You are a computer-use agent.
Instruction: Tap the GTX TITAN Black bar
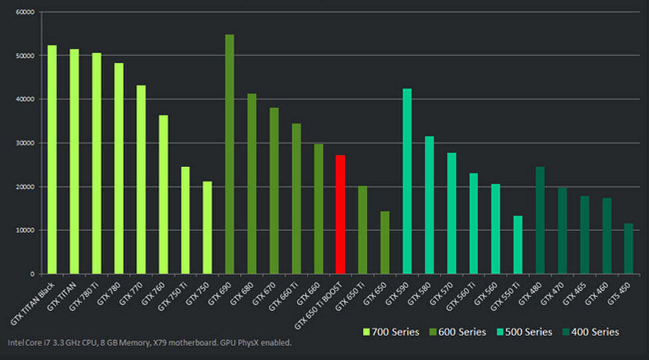[x=52, y=160]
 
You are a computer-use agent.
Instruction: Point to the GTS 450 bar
[x=629, y=249]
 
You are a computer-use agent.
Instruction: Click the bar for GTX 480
[x=540, y=220]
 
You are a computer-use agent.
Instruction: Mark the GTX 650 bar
[x=385, y=243]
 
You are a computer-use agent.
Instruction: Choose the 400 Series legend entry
[x=591, y=331]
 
